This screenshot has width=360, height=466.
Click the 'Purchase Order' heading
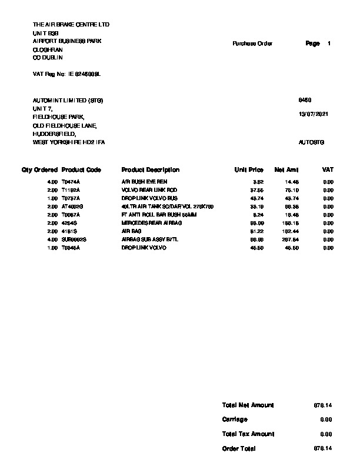pos(252,44)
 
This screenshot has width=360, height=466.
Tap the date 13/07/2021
pos(313,114)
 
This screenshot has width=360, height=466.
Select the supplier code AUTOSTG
pos(311,142)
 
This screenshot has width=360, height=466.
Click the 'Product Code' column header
pos(81,170)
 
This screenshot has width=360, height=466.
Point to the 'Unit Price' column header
pos(249,170)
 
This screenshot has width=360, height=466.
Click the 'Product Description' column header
pos(150,170)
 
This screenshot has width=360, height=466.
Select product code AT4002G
pos(72,207)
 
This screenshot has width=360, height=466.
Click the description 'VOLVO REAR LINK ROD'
pos(149,191)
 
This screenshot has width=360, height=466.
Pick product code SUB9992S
pos(74,240)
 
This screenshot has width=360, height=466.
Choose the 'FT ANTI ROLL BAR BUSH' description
pos(151,215)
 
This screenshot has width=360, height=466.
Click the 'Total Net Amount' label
pos(248,405)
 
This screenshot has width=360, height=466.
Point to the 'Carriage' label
pos(235,420)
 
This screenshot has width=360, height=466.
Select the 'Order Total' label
pos(239,448)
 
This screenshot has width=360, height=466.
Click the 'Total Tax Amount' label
pos(248,434)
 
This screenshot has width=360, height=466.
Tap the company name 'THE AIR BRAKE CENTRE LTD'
pos(71,25)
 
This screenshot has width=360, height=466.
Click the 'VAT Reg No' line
pos(67,75)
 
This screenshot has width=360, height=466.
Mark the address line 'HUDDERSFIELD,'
pos(54,134)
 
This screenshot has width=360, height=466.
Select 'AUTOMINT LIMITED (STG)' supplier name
pos(68,101)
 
